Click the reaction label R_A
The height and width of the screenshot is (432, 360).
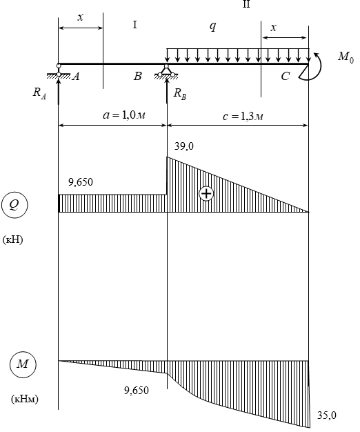pos(39,93)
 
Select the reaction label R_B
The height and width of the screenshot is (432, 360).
pos(180,95)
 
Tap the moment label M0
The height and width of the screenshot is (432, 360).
pos(346,57)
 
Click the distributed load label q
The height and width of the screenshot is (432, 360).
pos(212,27)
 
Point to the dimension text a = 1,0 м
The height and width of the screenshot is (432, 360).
pos(124,115)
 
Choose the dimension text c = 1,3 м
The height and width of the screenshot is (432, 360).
pos(243,117)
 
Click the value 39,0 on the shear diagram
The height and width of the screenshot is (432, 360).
pos(184,146)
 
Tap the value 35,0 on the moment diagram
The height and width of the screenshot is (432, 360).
pos(327,415)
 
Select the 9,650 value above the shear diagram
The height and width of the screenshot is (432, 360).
pos(81,182)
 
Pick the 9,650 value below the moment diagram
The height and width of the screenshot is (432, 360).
pos(137,391)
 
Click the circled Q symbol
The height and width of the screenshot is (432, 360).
pos(14,205)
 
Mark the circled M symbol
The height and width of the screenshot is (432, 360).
pos(23,364)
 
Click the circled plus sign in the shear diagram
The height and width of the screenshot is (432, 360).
pos(206,193)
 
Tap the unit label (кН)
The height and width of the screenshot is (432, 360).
pos(12,239)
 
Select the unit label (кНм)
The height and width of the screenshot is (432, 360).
pos(25,399)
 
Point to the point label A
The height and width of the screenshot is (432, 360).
pos(76,77)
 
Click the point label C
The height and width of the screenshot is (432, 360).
pos(286,76)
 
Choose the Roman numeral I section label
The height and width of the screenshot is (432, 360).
pos(135,25)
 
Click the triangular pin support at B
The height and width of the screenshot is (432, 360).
pos(166,71)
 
